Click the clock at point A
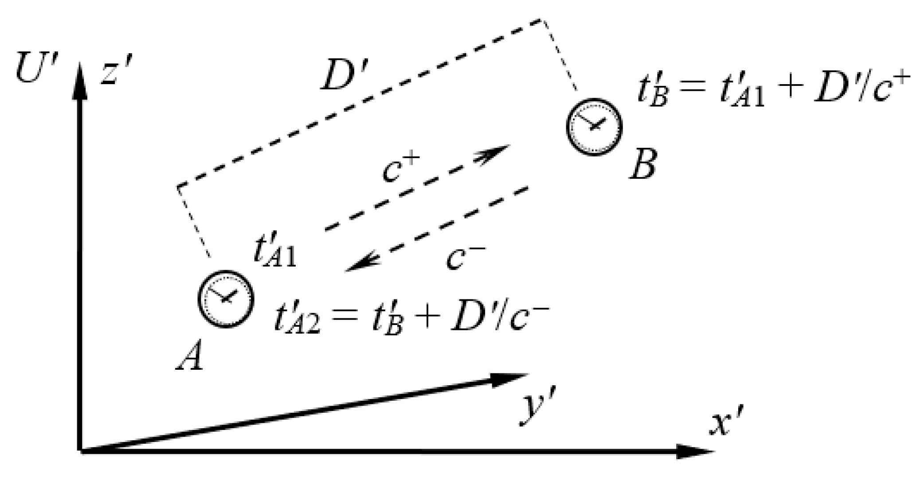click(x=226, y=298)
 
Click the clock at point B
click(x=594, y=126)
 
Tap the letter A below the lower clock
click(x=191, y=357)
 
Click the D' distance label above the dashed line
click(x=340, y=75)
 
